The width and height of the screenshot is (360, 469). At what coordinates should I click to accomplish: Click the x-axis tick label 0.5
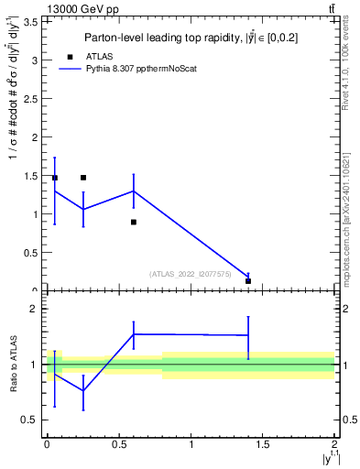click(x=118, y=444)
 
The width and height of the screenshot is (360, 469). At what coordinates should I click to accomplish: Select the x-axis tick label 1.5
click(x=262, y=444)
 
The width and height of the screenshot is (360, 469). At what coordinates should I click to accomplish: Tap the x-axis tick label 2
click(x=333, y=444)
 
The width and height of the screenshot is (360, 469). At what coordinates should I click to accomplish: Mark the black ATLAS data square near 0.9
click(x=134, y=222)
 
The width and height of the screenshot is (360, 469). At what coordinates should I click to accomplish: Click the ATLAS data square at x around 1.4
click(x=248, y=281)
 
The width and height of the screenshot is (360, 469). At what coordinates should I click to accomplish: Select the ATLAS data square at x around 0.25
click(x=83, y=178)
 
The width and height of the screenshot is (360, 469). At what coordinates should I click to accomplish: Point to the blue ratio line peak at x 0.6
click(x=134, y=334)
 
